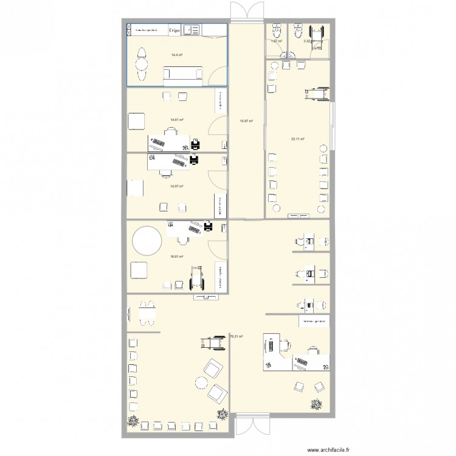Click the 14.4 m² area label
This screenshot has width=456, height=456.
(177, 55)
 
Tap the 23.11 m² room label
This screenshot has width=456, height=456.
(297, 139)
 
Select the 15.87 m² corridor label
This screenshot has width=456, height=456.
(246, 121)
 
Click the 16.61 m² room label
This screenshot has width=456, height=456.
(177, 257)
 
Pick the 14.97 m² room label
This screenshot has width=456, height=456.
(177, 187)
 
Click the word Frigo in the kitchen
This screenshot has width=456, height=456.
(174, 29)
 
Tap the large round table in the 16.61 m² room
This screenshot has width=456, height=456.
(145, 241)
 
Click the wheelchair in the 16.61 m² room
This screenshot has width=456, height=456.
(197, 277)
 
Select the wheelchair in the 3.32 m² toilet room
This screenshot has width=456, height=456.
(317, 32)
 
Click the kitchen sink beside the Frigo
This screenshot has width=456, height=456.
(192, 29)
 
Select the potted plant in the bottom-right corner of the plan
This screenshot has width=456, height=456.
(316, 403)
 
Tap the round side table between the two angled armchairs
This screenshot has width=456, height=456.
(201, 381)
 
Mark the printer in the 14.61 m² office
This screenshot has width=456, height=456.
(196, 144)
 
